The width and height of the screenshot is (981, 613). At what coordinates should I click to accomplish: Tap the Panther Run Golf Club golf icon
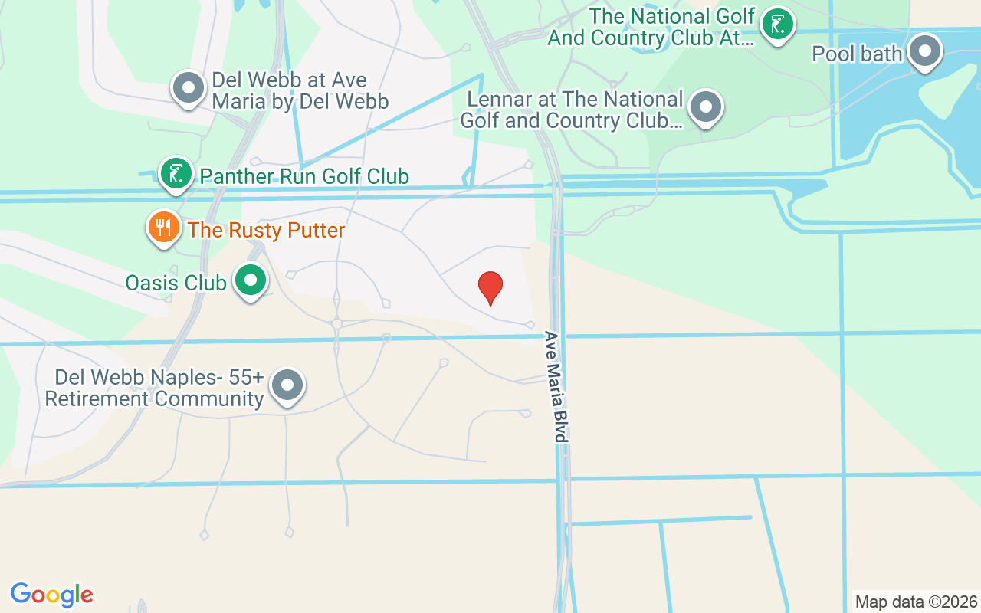tap(176, 174)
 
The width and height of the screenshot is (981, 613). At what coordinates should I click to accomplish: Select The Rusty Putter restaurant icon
tap(163, 228)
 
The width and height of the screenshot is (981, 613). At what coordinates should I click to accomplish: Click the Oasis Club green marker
tap(250, 280)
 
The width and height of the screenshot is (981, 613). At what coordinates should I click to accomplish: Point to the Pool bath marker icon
tap(925, 51)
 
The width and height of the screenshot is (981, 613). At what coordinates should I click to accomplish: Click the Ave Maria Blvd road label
tap(556, 387)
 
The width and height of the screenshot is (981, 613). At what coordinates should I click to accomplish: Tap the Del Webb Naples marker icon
tap(288, 385)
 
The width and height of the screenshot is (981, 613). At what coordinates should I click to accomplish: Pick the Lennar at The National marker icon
tap(705, 107)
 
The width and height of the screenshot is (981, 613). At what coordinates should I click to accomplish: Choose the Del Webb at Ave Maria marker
tap(189, 88)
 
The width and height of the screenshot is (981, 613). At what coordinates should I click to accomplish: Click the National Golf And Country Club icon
tap(778, 25)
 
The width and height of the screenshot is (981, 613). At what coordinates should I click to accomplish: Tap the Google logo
tap(52, 595)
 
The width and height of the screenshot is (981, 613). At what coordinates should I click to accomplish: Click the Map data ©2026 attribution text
tap(917, 602)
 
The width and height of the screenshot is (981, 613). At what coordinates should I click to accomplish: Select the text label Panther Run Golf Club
tap(304, 177)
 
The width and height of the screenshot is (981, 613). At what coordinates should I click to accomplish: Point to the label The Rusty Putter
tap(266, 230)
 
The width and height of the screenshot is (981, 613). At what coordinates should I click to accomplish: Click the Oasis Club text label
tap(176, 283)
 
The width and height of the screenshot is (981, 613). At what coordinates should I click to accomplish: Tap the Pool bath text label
tap(857, 54)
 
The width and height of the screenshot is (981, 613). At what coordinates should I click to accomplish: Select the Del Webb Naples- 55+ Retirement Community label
tap(155, 388)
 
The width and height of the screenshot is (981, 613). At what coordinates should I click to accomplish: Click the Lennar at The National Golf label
tap(571, 110)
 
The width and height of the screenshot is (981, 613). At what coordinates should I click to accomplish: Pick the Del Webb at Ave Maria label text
tap(300, 91)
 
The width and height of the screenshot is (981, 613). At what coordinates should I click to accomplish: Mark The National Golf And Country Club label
tap(651, 28)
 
